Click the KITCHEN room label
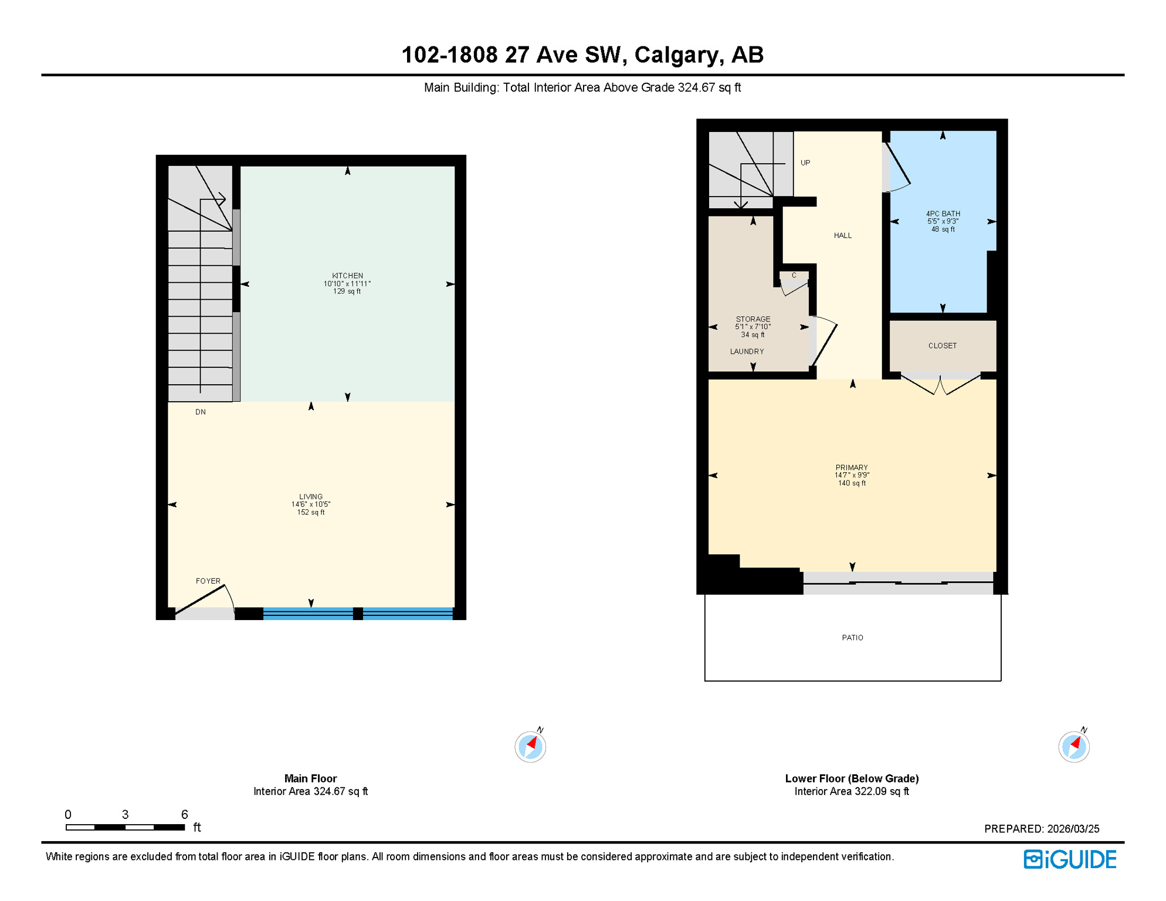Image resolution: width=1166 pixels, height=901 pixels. click(x=347, y=276)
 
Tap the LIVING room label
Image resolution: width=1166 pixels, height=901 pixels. click(x=311, y=497)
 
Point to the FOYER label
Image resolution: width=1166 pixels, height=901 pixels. click(x=208, y=581)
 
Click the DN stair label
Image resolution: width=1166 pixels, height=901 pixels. click(x=201, y=412)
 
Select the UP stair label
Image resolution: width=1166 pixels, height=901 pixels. click(x=805, y=163)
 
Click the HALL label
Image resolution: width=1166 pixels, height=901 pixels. click(x=843, y=236)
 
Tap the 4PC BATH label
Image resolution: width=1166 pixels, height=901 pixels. click(x=943, y=214)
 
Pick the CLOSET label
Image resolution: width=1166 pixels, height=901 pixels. click(x=943, y=346)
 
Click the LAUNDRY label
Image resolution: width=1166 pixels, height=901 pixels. click(x=747, y=352)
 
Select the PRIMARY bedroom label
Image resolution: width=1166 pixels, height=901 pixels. click(x=852, y=468)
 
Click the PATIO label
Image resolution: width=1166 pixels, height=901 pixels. click(x=852, y=638)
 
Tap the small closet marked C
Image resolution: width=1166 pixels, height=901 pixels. click(x=794, y=276)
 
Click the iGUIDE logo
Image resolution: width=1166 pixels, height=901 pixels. click(x=1070, y=860)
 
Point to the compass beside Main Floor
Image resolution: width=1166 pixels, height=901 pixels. click(x=530, y=747)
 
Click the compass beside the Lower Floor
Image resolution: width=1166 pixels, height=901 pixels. click(x=1074, y=747)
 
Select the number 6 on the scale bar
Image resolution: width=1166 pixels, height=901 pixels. click(x=184, y=815)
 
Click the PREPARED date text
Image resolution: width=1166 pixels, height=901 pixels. click(x=1042, y=829)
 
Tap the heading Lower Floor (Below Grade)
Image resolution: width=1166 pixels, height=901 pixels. click(x=852, y=779)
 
